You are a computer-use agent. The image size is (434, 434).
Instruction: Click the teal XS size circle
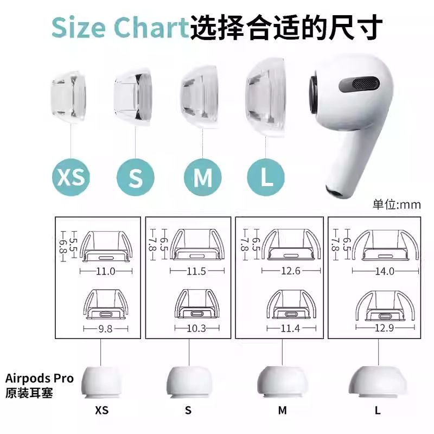pyautogui.click(x=71, y=177)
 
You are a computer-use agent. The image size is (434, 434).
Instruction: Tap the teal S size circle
pyautogui.click(x=135, y=177)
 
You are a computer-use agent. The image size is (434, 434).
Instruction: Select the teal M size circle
pyautogui.click(x=202, y=177)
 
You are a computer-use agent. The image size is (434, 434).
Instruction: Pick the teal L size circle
pyautogui.click(x=266, y=177)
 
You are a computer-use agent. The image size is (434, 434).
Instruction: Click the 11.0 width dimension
pyautogui.click(x=106, y=271)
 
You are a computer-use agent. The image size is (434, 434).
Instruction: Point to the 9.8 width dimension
pyautogui.click(x=105, y=329)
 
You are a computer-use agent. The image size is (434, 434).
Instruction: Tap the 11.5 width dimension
pyautogui.click(x=196, y=271)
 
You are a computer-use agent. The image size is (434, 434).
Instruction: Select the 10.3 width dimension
pyautogui.click(x=196, y=329)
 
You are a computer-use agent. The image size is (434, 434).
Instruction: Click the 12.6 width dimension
pyautogui.click(x=291, y=270)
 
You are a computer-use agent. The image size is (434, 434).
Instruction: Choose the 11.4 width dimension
pyautogui.click(x=290, y=328)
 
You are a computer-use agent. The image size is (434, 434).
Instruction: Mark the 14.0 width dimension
pyautogui.click(x=385, y=271)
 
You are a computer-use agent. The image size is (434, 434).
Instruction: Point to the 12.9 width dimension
pyautogui.click(x=385, y=328)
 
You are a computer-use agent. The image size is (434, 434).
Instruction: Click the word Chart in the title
pyautogui.click(x=151, y=28)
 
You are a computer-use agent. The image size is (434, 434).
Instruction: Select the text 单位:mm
pyautogui.click(x=397, y=205)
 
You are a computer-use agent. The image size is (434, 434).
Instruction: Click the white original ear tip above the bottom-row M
pyautogui.click(x=282, y=382)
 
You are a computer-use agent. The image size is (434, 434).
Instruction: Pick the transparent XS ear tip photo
pyautogui.click(x=68, y=97)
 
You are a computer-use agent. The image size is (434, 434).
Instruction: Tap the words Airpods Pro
pyautogui.click(x=39, y=378)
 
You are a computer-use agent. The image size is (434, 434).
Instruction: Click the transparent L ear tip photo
pyautogui.click(x=265, y=98)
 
